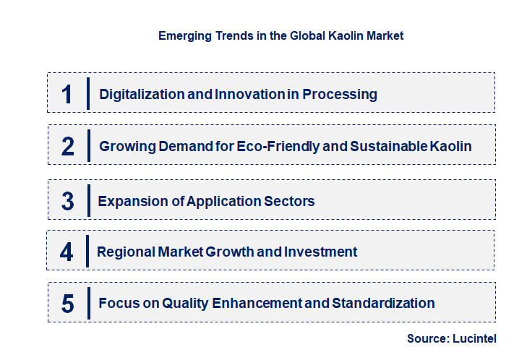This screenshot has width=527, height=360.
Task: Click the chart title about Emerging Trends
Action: click(x=281, y=35)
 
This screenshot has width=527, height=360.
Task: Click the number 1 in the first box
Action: click(x=67, y=94)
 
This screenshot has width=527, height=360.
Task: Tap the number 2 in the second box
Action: click(x=68, y=146)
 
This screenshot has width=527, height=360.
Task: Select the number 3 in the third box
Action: click(x=68, y=201)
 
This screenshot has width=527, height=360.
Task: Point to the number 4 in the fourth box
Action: click(x=67, y=252)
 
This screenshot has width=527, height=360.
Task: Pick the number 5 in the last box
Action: click(x=68, y=304)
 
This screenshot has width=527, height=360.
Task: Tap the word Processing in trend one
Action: click(x=340, y=94)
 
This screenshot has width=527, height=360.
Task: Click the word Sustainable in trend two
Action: click(x=390, y=146)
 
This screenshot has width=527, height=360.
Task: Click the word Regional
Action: click(x=124, y=252)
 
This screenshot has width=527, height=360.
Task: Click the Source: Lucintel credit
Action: click(x=452, y=338)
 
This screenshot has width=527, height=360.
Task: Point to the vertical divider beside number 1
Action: click(x=87, y=94)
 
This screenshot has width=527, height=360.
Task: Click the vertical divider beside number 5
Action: click(x=87, y=304)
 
